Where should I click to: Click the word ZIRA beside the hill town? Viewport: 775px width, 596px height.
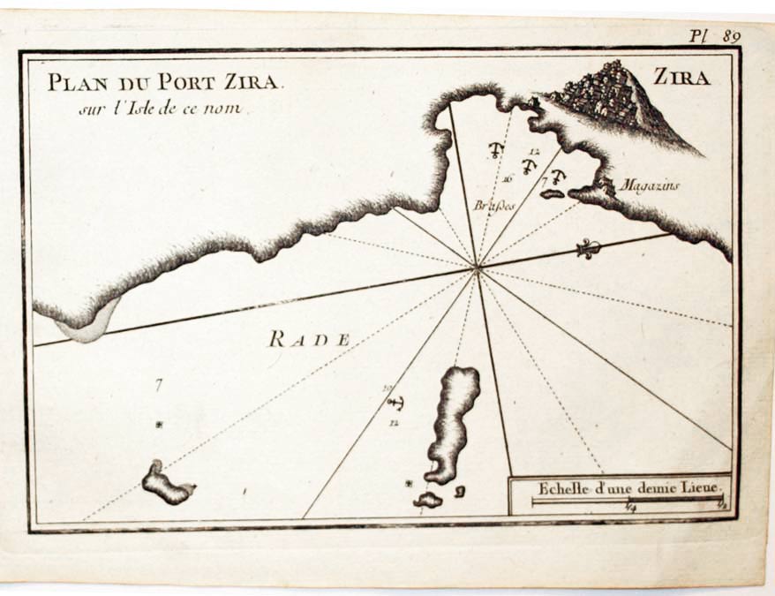coord(681,78)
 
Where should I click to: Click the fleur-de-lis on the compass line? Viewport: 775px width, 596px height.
coord(589,249)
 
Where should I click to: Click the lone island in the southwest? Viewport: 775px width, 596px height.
coord(167,483)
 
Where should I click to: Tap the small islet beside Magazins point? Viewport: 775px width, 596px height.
coord(553,193)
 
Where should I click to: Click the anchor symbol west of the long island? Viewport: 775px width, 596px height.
coord(395,404)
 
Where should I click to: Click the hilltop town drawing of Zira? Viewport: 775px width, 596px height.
coord(609,93)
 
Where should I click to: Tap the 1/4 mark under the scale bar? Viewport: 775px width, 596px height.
coord(629,507)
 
